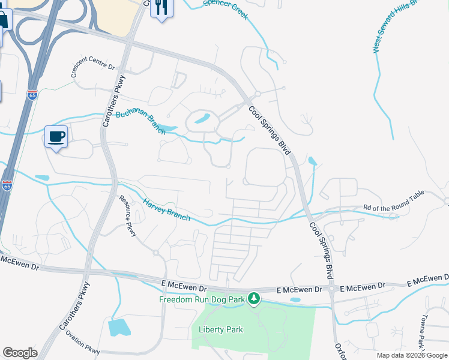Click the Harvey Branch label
coord(166,208)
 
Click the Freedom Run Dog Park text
coord(202,299)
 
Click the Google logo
coord(20,353)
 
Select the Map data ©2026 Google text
coord(411,355)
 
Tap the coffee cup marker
coord(56,136)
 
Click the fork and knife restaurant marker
coord(161,7)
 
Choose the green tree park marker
coord(254,298)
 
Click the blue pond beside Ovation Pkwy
coord(119,328)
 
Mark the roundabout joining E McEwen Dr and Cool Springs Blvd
coord(331,290)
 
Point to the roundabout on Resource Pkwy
coord(155,253)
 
